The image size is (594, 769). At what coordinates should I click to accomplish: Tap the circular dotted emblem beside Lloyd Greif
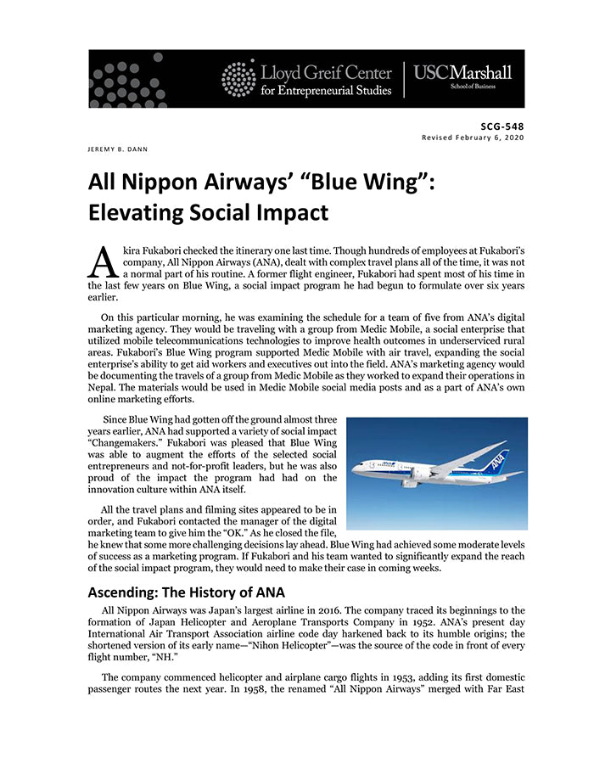tap(238, 78)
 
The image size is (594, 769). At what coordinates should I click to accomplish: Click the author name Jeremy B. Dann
tap(118, 149)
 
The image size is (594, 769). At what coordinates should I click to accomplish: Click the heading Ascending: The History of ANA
tap(187, 592)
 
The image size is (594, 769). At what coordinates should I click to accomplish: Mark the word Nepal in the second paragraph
tap(103, 387)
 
